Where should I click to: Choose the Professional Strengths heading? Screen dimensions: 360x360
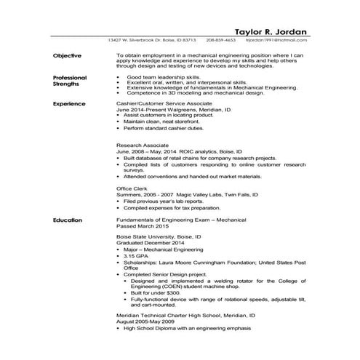tap(70, 81)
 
